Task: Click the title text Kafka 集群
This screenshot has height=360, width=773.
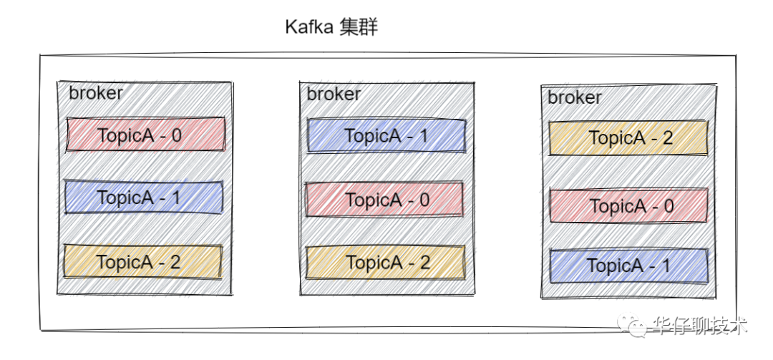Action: tap(331, 28)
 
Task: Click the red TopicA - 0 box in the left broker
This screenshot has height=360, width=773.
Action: tap(146, 135)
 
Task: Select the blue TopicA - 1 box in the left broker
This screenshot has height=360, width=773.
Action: tap(144, 198)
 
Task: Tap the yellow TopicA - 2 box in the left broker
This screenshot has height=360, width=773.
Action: tap(143, 262)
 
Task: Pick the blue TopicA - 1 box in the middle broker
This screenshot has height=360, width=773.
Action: tap(386, 136)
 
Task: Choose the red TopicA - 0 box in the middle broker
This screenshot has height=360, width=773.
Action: tap(385, 199)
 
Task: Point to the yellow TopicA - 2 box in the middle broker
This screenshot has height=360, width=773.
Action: tap(386, 262)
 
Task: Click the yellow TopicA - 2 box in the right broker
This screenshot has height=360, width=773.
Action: tap(628, 138)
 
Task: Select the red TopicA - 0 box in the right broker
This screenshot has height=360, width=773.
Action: tap(629, 206)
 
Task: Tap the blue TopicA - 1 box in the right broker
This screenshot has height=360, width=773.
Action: tap(628, 266)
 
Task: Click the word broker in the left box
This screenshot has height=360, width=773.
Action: tap(96, 93)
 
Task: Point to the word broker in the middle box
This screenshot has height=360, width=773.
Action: tap(334, 94)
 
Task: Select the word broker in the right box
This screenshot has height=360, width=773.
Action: tap(575, 97)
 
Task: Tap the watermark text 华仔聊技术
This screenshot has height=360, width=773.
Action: tap(701, 326)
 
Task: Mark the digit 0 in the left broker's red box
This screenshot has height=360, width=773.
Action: tap(176, 135)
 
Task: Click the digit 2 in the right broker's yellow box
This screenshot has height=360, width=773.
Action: tap(667, 138)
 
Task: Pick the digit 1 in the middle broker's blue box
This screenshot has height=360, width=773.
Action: tap(422, 136)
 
